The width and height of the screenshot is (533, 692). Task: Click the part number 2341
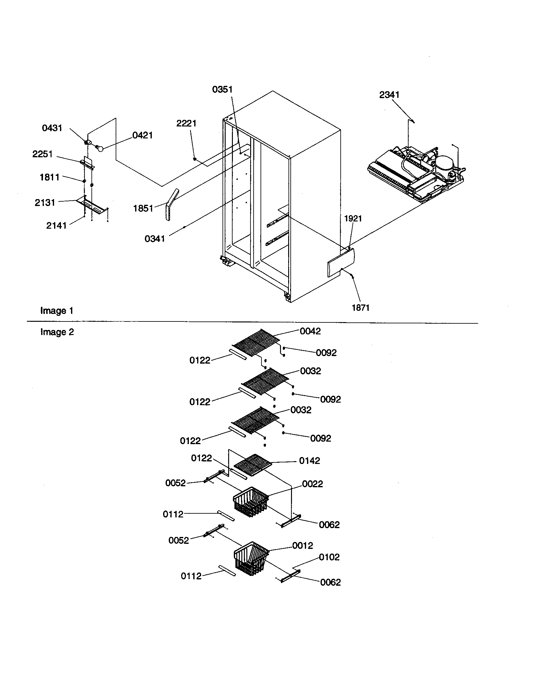[389, 95]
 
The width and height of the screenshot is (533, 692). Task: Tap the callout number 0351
[222, 90]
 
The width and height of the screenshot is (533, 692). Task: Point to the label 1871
[360, 307]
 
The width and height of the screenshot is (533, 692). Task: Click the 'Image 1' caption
[57, 311]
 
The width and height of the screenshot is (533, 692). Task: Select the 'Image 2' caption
[57, 332]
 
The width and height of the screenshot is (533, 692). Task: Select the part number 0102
[329, 557]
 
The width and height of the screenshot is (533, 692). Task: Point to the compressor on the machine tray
[444, 164]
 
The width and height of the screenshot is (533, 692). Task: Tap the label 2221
[186, 123]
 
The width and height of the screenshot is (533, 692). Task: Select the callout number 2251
[42, 154]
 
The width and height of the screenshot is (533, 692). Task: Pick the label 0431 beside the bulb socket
[52, 128]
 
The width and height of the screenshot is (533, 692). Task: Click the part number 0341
[154, 239]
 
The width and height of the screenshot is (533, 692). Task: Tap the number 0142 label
[309, 461]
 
